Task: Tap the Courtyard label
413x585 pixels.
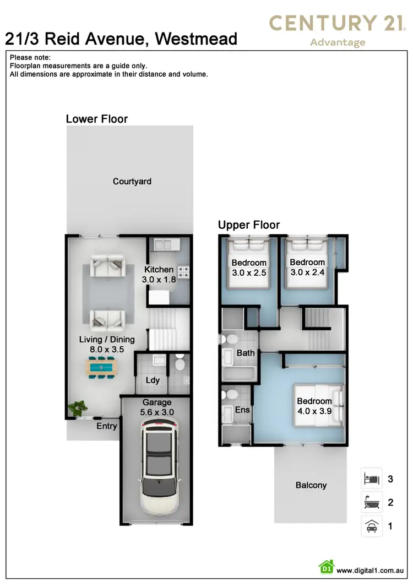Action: [132, 181]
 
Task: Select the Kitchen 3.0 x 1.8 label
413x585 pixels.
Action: [159, 274]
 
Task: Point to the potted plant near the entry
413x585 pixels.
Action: [78, 409]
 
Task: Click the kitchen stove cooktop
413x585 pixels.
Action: [182, 271]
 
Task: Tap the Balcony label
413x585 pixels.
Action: [311, 485]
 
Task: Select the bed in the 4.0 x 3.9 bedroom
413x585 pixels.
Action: [318, 406]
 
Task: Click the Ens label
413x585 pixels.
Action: [242, 410]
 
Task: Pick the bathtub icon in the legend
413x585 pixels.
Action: [372, 502]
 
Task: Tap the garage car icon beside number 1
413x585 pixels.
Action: [372, 526]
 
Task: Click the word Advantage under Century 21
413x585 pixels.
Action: [338, 42]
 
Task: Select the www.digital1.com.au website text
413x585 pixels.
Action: [372, 571]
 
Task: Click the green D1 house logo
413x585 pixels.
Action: [327, 567]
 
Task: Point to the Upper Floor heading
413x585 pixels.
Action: [249, 225]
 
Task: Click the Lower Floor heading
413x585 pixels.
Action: [97, 119]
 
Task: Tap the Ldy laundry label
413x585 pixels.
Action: [153, 380]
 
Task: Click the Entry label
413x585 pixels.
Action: [107, 426]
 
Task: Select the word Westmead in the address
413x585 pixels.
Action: [197, 39]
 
